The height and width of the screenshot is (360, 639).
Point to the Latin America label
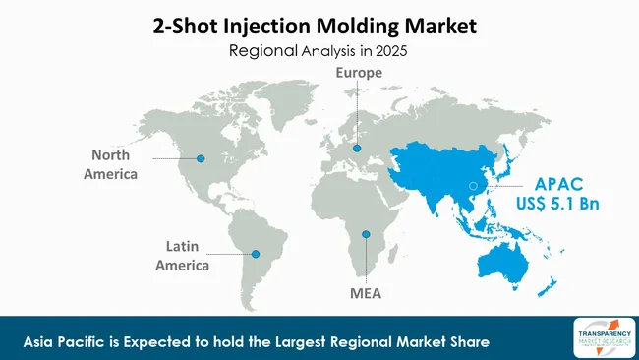point(187,255)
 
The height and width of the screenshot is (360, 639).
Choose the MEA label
point(365,293)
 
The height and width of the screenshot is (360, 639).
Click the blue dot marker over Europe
point(357,149)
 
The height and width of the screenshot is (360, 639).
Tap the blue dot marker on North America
point(202,157)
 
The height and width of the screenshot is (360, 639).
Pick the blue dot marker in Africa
point(365,234)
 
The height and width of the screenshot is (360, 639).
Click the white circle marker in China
point(473,185)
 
